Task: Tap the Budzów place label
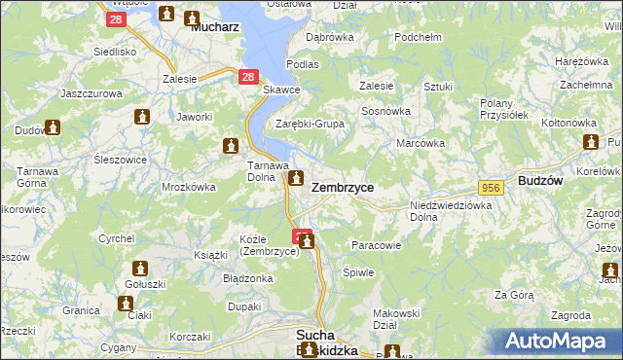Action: point(542,182)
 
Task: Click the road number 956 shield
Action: point(490,187)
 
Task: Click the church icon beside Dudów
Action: point(52,126)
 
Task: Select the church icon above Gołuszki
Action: point(141,269)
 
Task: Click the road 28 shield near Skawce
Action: point(248,76)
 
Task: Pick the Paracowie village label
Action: point(375,245)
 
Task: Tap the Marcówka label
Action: point(421,143)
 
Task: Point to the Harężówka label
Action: point(580,62)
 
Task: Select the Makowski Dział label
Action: point(396,319)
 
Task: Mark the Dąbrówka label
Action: point(329,37)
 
